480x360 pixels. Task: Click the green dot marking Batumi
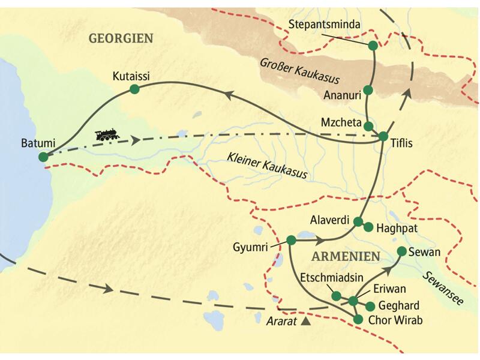pyautogui.click(x=43, y=157)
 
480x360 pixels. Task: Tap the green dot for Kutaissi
pyautogui.click(x=134, y=89)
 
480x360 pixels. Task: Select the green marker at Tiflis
pyautogui.click(x=383, y=137)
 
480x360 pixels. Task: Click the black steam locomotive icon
pyautogui.click(x=107, y=135)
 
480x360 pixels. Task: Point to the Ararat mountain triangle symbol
pyautogui.click(x=306, y=322)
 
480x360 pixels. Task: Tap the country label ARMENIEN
pyautogui.click(x=346, y=257)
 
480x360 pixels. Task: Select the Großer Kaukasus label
pyautogui.click(x=300, y=71)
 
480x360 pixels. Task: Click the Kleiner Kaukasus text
pyautogui.click(x=267, y=166)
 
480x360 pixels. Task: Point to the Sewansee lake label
pyautogui.click(x=443, y=289)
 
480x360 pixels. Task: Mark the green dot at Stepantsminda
pyautogui.click(x=373, y=46)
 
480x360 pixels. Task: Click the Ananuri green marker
pyautogui.click(x=368, y=90)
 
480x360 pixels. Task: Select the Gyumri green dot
pyautogui.click(x=291, y=240)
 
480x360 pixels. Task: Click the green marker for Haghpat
pyautogui.click(x=368, y=227)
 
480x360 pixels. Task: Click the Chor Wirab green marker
pyautogui.click(x=358, y=320)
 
